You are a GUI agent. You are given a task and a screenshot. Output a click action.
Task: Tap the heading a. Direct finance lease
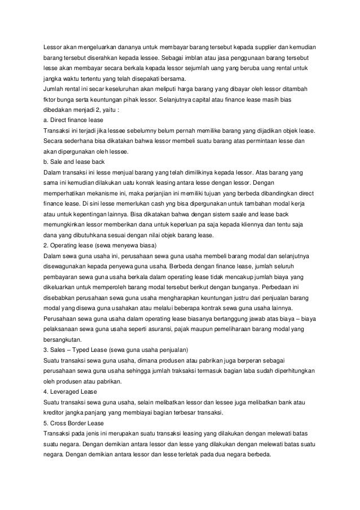(73, 121)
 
